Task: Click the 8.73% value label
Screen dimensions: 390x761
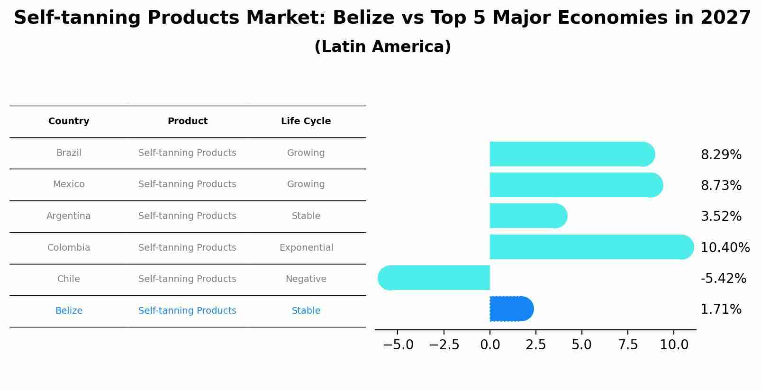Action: (x=721, y=186)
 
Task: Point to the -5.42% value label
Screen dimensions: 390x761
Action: (x=723, y=278)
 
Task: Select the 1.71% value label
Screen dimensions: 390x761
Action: (x=721, y=309)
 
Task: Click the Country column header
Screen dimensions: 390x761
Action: (x=69, y=121)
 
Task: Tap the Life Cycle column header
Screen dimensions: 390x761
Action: (x=306, y=121)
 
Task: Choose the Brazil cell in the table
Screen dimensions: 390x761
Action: (x=69, y=153)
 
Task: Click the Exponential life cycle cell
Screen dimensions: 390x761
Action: (x=306, y=248)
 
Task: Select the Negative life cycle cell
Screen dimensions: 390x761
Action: (x=306, y=279)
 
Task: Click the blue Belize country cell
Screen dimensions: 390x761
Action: (x=69, y=311)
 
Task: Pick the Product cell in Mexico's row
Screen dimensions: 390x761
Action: (x=187, y=184)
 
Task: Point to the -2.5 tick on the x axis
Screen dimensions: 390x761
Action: (x=444, y=345)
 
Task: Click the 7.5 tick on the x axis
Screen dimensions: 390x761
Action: (x=628, y=345)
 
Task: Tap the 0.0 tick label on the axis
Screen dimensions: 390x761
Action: (x=490, y=345)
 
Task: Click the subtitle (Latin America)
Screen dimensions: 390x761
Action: (x=382, y=47)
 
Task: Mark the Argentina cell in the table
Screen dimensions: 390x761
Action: (x=69, y=216)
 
